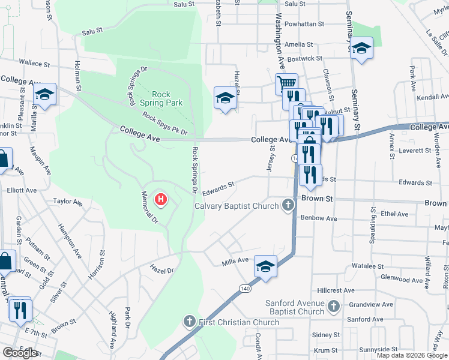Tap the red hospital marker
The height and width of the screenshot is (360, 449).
[161, 200]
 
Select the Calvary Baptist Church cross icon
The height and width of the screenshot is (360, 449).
[288, 206]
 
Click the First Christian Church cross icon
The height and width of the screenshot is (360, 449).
[190, 322]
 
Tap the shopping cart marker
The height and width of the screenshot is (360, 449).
[287, 83]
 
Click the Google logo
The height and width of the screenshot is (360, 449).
[20, 352]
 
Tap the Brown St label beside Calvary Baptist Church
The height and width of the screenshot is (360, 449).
[313, 197]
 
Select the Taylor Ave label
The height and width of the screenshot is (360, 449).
[67, 202]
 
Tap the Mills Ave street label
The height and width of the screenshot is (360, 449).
[235, 261]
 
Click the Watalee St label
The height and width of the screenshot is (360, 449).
[368, 266]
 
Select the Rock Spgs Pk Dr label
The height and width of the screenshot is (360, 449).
[165, 124]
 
